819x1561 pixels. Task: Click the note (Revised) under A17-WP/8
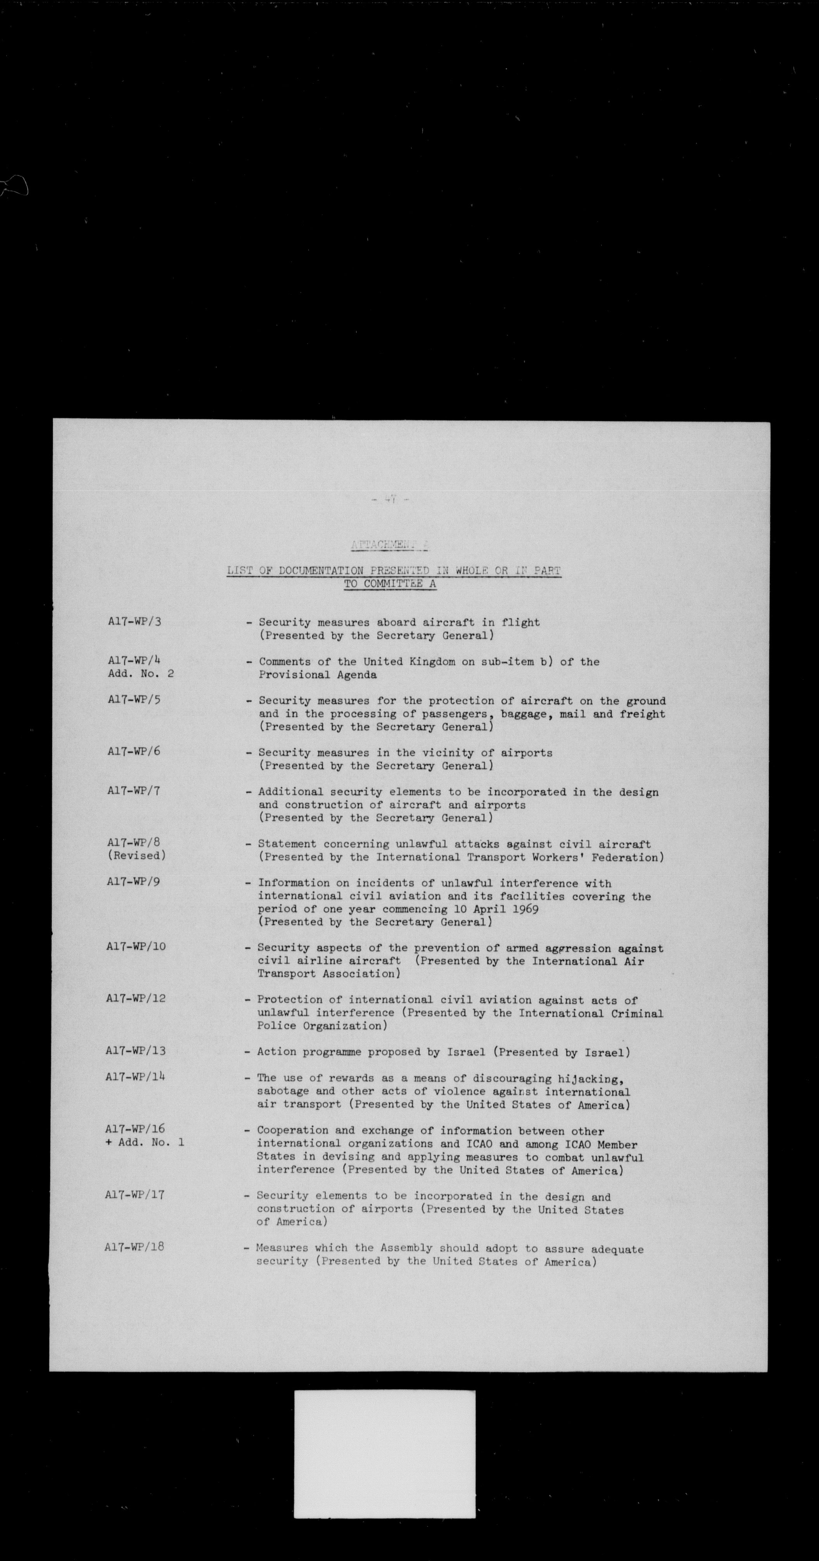coord(136,855)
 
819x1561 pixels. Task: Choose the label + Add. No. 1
coord(145,1142)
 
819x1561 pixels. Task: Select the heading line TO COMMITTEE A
coord(390,584)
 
